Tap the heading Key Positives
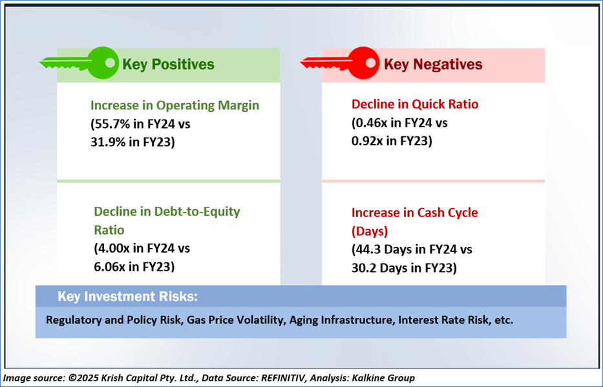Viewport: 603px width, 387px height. point(168,64)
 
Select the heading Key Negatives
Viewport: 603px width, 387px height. point(433,64)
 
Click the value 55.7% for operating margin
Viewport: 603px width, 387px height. point(110,124)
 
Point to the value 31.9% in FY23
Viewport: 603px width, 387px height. point(106,142)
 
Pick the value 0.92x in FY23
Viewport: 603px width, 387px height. point(367,141)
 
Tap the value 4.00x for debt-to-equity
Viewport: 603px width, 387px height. point(114,248)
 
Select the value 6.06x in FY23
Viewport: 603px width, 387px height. point(110,266)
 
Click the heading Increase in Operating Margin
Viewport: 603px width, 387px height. point(175,106)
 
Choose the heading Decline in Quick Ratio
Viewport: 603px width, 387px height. point(415,104)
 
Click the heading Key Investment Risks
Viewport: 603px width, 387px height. point(128,297)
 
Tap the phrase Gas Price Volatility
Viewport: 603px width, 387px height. point(235,320)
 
